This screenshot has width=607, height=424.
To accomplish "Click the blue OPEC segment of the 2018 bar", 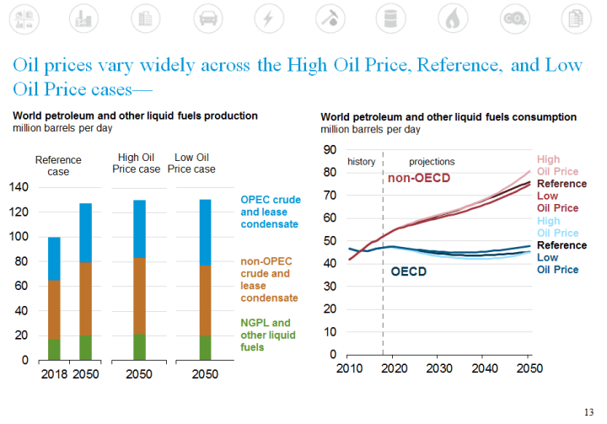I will click(54, 258).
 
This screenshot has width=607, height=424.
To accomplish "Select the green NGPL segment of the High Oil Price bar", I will click(133, 346).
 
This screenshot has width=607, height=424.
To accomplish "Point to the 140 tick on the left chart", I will click(18, 187).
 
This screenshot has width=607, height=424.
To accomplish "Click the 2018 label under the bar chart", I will click(53, 373).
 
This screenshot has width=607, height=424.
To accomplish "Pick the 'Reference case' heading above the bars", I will click(58, 166).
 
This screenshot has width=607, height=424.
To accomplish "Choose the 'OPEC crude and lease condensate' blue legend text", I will click(269, 212).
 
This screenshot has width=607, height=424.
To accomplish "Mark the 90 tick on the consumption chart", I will click(330, 150).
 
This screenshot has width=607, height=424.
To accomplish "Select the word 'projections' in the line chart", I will click(432, 161).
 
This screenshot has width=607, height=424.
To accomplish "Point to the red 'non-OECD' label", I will click(419, 178).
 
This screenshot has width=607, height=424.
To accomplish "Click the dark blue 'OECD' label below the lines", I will click(410, 271).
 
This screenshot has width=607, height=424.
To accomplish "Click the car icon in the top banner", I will click(207, 17).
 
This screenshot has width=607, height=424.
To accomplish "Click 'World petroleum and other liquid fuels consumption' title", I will click(449, 117).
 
